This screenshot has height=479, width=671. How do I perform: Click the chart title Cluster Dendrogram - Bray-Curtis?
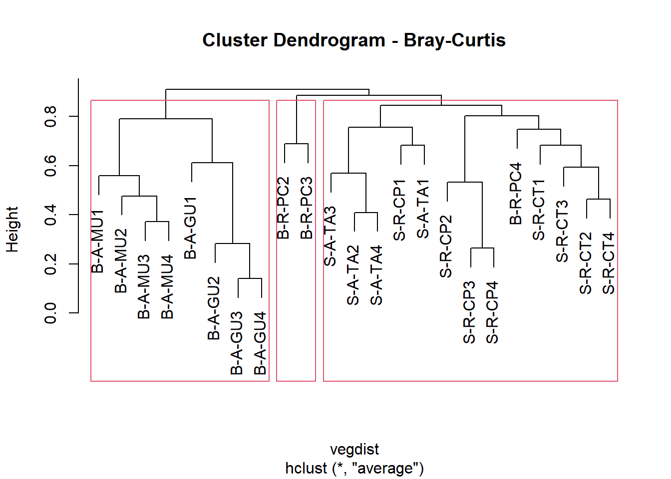click(x=353, y=40)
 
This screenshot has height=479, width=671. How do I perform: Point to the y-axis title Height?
click(x=12, y=230)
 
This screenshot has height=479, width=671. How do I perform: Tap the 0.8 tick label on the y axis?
click(x=50, y=116)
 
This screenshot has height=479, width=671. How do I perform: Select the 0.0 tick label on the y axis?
click(x=50, y=313)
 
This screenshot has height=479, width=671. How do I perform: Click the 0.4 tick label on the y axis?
click(x=50, y=215)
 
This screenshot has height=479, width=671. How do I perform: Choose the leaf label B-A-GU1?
click(x=191, y=228)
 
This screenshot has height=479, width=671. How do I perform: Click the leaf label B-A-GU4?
click(x=260, y=343)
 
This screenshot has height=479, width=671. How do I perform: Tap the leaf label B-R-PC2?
click(x=283, y=208)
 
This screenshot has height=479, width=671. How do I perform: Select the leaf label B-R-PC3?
click(x=307, y=208)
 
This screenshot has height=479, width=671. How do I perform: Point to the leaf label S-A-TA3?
click(x=330, y=236)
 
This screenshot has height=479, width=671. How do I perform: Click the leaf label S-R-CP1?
click(x=399, y=210)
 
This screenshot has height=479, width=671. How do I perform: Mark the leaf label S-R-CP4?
click(x=492, y=312)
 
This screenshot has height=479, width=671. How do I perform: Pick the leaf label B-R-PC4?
click(x=516, y=194)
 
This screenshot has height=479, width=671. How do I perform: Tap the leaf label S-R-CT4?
click(x=609, y=263)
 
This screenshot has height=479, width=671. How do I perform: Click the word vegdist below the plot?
click(x=354, y=450)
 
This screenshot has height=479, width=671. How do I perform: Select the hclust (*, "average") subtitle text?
click(x=354, y=469)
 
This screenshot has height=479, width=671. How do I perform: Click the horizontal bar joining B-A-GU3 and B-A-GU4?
click(x=250, y=278)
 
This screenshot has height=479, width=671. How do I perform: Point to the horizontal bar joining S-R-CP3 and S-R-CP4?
click(x=482, y=248)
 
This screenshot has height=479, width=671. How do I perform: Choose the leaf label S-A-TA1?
click(x=423, y=210)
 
